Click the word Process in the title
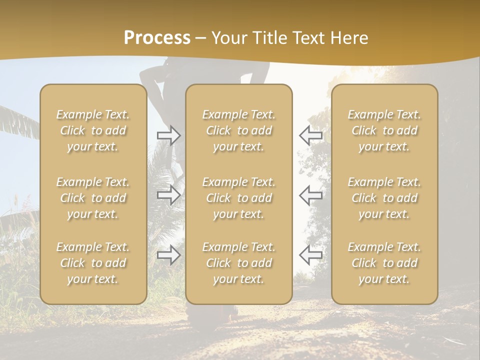pyautogui.click(x=157, y=38)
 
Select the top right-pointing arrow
pyautogui.click(x=168, y=135)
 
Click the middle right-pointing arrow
pyautogui.click(x=168, y=195)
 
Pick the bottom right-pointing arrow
pyautogui.click(x=168, y=255)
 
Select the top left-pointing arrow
pyautogui.click(x=311, y=135)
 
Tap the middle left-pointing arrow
pyautogui.click(x=311, y=195)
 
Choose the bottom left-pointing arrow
pyautogui.click(x=311, y=255)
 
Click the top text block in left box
pyautogui.click(x=93, y=130)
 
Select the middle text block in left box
pyautogui.click(x=93, y=198)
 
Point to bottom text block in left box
pyautogui.click(x=93, y=263)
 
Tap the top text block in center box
pyautogui.click(x=239, y=130)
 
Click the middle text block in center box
pyautogui.click(x=239, y=198)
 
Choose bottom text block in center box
pyautogui.click(x=239, y=263)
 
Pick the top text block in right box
pyautogui.click(x=384, y=130)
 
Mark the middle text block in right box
pyautogui.click(x=384, y=198)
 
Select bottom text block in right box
pyautogui.click(x=384, y=263)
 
